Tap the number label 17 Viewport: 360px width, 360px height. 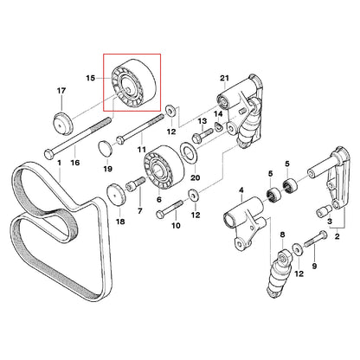tap(61, 90)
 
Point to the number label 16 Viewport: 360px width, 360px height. tap(75, 162)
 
